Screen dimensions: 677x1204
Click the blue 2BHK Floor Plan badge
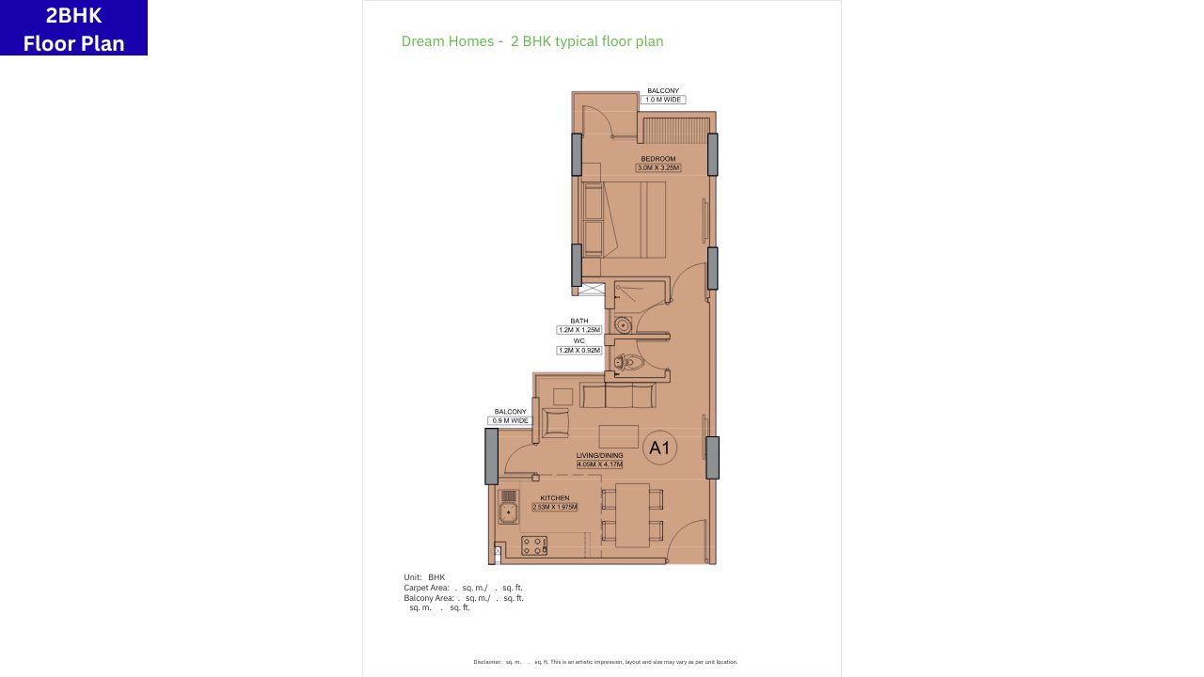coord(73,28)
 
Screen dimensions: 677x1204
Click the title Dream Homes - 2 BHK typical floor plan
coord(532,41)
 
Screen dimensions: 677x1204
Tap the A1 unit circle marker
coord(659,448)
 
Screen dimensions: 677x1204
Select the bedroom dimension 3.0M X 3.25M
coord(658,168)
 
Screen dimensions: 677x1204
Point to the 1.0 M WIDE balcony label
coord(663,100)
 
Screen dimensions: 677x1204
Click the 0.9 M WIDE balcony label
coord(511,421)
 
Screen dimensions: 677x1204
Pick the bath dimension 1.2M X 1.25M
coord(579,330)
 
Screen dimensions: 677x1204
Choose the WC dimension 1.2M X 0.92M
coord(579,351)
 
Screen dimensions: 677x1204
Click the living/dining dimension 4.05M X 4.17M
coord(600,464)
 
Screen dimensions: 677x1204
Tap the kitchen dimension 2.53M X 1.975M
coord(555,508)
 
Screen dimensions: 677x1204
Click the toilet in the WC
coord(627,362)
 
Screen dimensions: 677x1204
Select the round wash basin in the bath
coord(622,325)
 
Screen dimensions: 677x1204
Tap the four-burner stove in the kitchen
coord(534,544)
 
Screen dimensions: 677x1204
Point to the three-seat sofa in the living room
coord(618,394)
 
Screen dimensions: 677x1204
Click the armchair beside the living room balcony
coord(555,423)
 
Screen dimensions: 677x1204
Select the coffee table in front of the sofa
coord(619,437)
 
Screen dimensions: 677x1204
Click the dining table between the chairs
coord(632,514)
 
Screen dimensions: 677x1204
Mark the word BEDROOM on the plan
coord(658,159)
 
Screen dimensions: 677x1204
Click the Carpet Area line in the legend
coord(463,588)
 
